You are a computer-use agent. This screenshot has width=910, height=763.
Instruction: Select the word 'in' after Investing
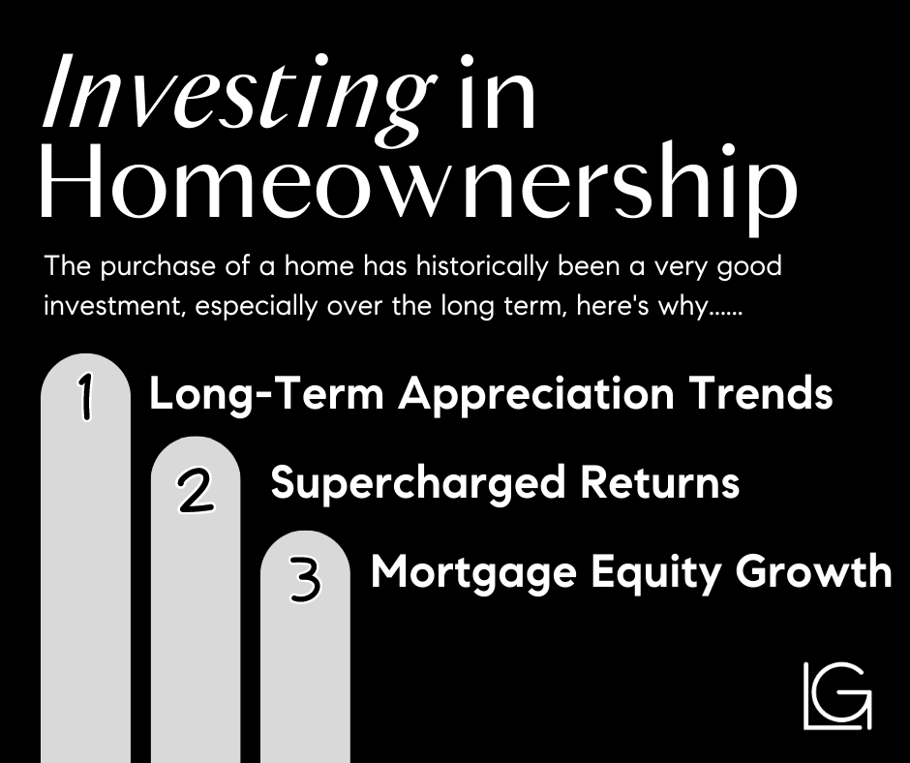pos(491,101)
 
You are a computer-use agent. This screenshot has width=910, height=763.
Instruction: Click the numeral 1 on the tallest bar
pos(86,398)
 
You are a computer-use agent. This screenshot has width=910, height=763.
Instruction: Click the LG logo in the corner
pos(836,694)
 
